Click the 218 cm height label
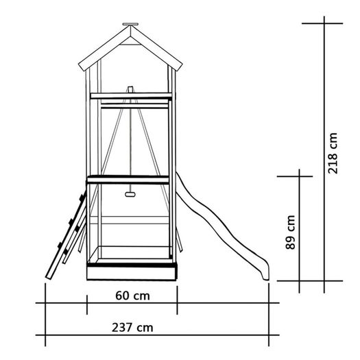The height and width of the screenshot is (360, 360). pyautogui.click(x=333, y=153)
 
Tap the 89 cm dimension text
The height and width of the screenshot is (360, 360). pyautogui.click(x=290, y=232)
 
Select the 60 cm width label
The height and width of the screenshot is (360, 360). pyautogui.click(x=132, y=296)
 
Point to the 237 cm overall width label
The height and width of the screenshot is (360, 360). pyautogui.click(x=132, y=327)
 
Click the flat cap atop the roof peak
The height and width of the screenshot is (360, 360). pyautogui.click(x=130, y=24)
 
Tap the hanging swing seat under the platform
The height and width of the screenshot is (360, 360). pyautogui.click(x=130, y=195)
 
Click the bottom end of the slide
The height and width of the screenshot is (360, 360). pyautogui.click(x=265, y=278)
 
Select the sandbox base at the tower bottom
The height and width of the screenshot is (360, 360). pyautogui.click(x=132, y=273)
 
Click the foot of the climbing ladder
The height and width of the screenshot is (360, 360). pyautogui.click(x=49, y=276)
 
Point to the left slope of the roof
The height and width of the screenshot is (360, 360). pyautogui.click(x=104, y=49)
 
